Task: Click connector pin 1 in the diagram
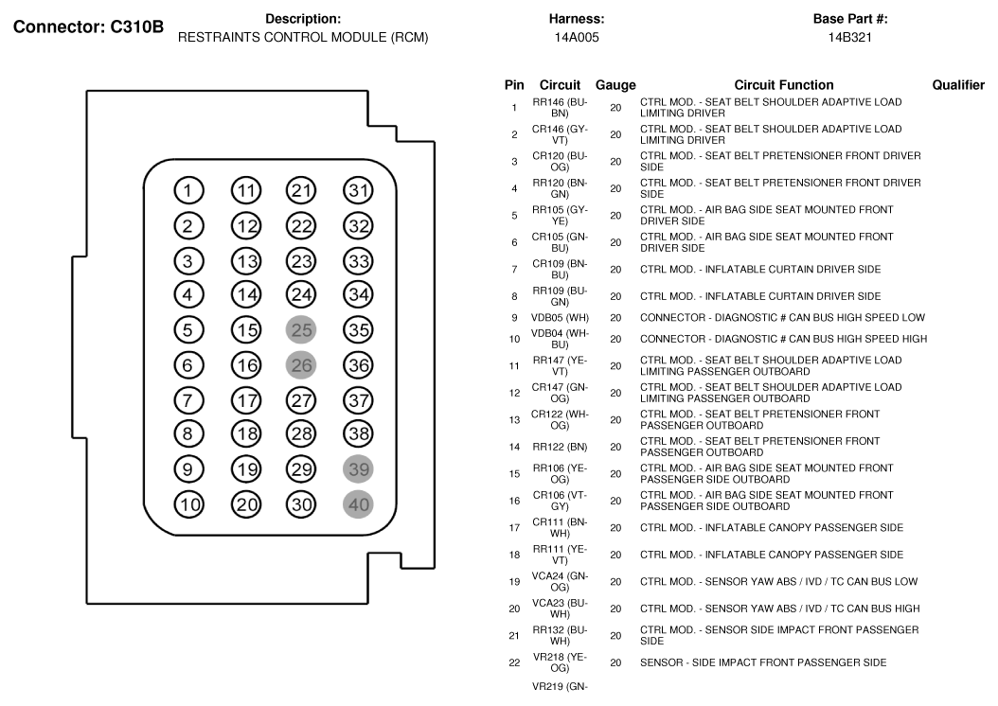(x=188, y=191)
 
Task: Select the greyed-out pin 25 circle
(x=302, y=329)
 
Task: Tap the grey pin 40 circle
(x=359, y=504)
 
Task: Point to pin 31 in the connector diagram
(x=359, y=191)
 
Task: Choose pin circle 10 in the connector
(x=190, y=504)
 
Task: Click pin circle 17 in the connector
(x=247, y=399)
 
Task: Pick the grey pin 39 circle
(x=359, y=469)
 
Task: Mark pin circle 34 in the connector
(x=359, y=294)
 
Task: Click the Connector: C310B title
(x=87, y=27)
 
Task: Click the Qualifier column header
(x=958, y=85)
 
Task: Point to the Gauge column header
(x=615, y=85)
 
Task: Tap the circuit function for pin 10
(x=783, y=339)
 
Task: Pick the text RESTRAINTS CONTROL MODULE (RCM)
(x=303, y=38)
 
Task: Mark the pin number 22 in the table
(x=513, y=662)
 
